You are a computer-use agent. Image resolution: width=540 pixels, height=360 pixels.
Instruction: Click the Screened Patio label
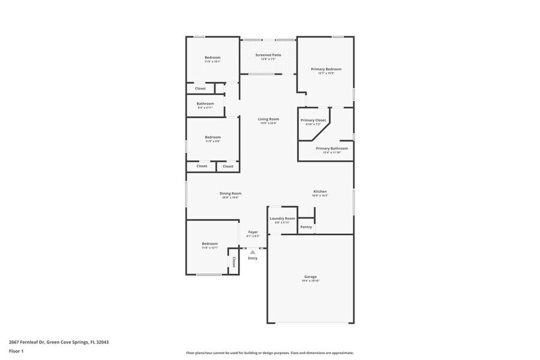tap(268, 55)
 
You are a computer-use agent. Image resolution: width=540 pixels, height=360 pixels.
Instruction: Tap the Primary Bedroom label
tap(326, 69)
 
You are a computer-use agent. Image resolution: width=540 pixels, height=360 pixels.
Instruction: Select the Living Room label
tap(268, 119)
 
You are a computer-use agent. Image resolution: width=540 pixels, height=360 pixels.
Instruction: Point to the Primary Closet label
tap(313, 120)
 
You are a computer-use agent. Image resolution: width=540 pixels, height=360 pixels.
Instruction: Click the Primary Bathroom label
tap(332, 148)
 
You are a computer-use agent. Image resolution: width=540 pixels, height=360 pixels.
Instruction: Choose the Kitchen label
tap(320, 192)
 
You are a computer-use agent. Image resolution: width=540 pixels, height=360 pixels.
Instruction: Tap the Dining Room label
tap(230, 193)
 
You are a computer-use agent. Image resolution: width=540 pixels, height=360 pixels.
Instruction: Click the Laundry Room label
tap(282, 219)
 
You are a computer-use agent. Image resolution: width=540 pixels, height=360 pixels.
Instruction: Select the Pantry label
tap(306, 227)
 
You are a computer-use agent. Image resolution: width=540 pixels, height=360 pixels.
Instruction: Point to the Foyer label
tap(253, 232)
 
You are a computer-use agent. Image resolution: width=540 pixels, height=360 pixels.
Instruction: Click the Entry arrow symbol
tap(252, 252)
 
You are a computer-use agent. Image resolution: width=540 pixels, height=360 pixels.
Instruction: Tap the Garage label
tap(310, 277)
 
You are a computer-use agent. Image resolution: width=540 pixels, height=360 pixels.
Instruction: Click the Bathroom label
tap(205, 103)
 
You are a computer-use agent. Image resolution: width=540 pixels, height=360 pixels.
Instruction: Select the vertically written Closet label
tap(233, 262)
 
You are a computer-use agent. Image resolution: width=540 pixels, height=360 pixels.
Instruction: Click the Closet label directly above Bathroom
tap(200, 88)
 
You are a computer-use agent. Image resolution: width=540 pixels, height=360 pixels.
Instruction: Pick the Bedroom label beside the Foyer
tap(209, 244)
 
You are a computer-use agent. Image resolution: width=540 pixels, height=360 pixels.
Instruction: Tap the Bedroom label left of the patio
tap(212, 58)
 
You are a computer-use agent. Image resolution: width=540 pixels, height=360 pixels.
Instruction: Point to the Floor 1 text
tap(16, 351)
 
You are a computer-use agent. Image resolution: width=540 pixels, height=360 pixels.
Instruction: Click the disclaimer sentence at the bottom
tap(269, 353)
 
